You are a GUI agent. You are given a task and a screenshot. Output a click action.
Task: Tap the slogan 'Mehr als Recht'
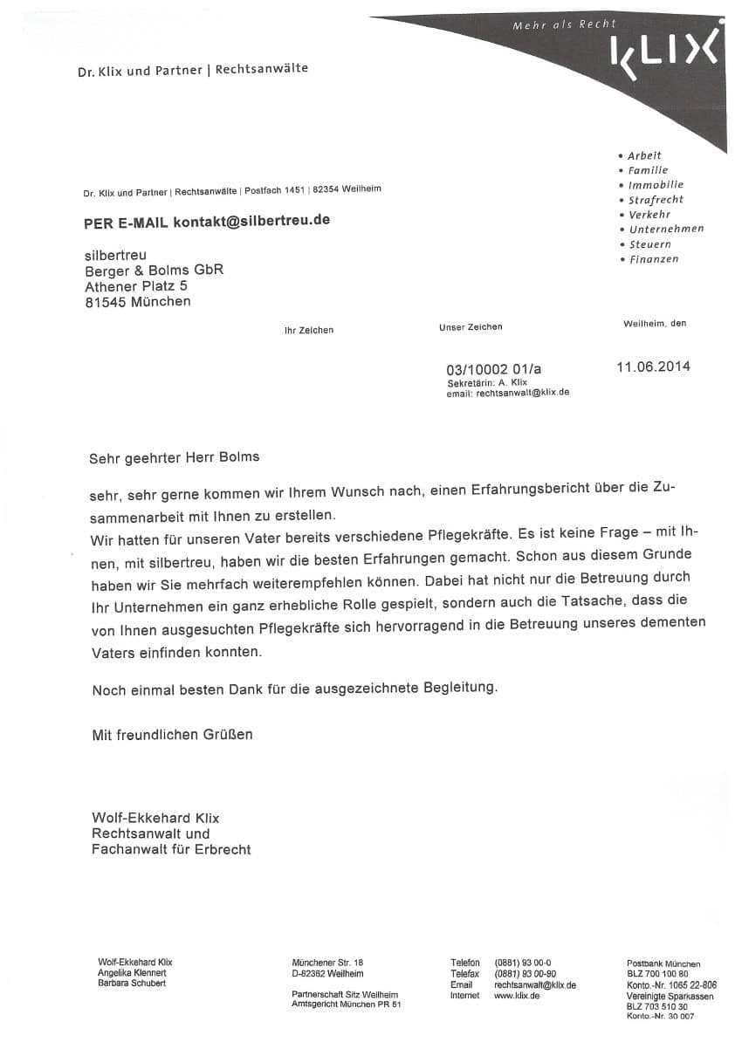(564, 25)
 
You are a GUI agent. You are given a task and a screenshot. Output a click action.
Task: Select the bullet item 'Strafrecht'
(656, 200)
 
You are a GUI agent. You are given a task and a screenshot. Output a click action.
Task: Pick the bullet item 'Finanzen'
(653, 259)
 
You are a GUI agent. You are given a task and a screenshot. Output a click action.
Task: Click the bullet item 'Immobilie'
(656, 185)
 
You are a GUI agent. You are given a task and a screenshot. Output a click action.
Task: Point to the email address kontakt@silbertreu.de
(251, 221)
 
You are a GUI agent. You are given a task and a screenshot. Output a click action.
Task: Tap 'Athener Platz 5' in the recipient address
(135, 285)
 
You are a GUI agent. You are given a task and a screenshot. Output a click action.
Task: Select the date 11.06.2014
(653, 367)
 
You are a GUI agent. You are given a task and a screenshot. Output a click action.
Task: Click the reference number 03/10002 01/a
(499, 369)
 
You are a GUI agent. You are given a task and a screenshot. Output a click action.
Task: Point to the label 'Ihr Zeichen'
(309, 330)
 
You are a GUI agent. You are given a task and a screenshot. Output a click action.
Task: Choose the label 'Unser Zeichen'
(471, 326)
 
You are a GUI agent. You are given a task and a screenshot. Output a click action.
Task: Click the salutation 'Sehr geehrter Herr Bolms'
(175, 456)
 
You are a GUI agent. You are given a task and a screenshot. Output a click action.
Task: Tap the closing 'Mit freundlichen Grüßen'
(172, 735)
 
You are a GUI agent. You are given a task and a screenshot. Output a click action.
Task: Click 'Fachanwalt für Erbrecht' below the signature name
(171, 849)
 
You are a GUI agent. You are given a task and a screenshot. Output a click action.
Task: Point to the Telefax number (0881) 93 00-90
(526, 973)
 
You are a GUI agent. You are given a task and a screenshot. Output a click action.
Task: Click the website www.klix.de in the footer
(517, 995)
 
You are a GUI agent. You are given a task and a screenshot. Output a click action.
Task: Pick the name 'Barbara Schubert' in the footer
(132, 984)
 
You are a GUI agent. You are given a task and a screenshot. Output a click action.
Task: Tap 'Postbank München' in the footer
(663, 963)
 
